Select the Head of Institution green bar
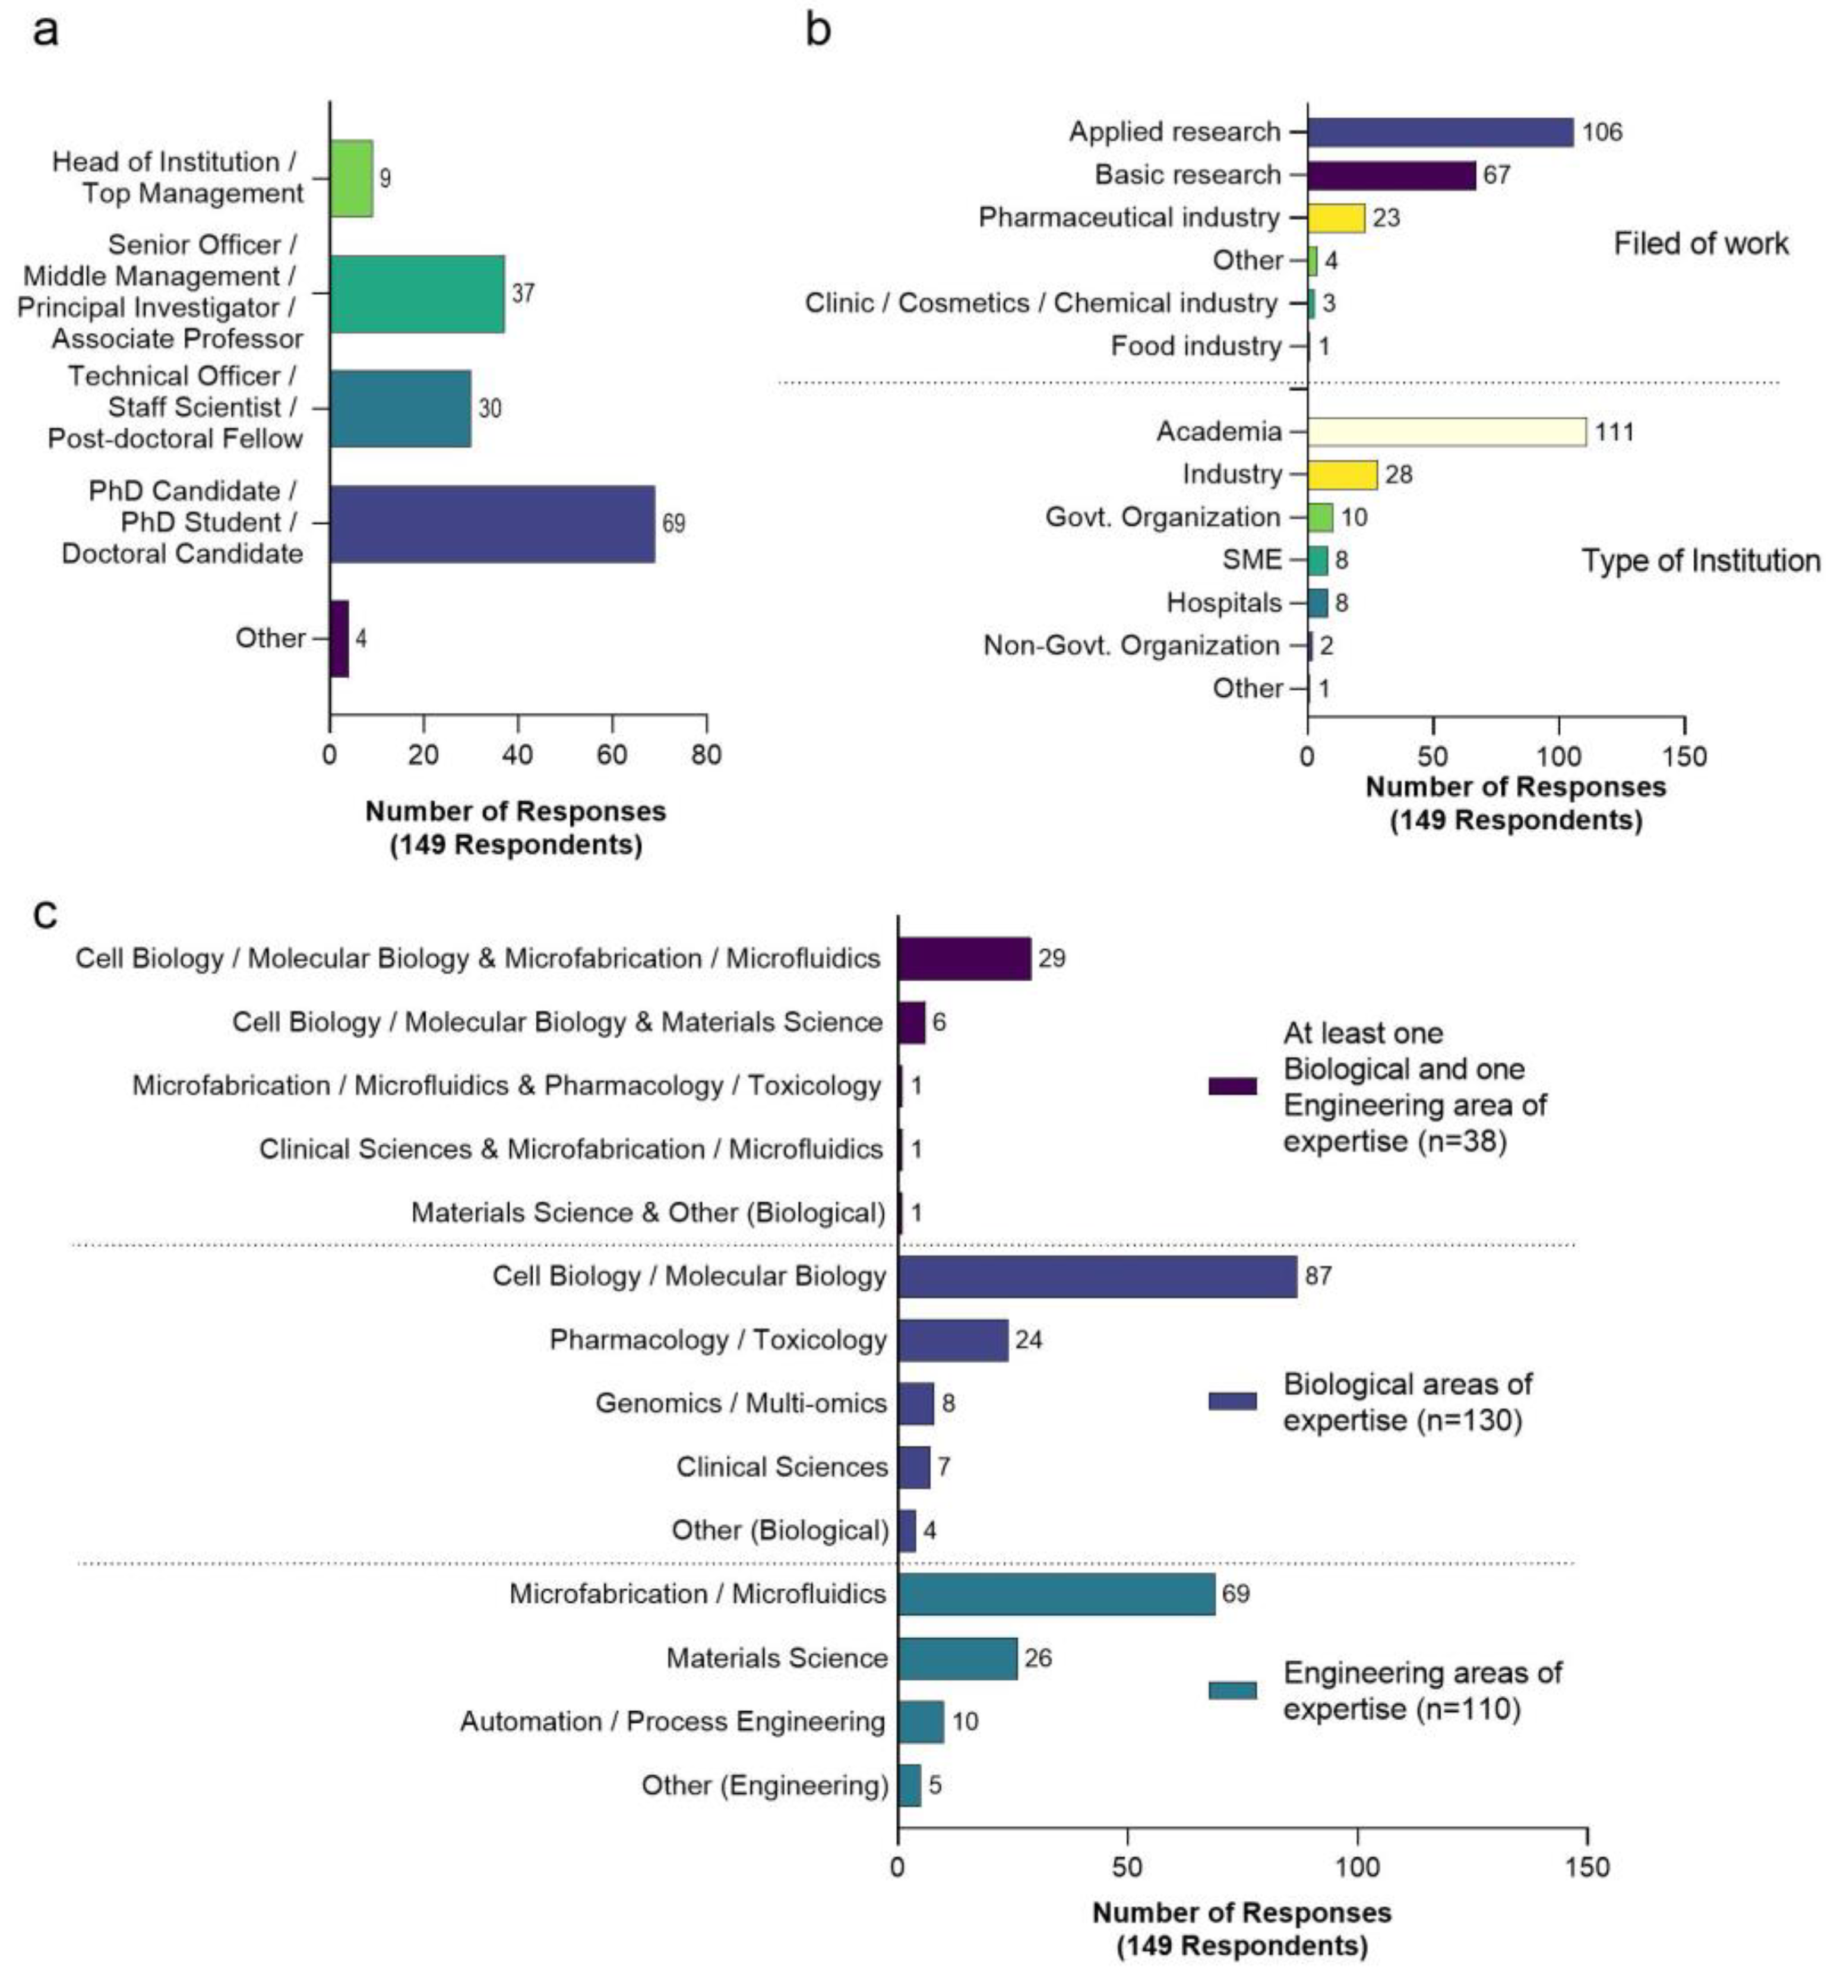[x=352, y=178]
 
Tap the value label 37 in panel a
[x=523, y=293]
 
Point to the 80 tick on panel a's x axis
[x=706, y=755]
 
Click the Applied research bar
[x=1440, y=132]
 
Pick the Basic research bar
[x=1391, y=175]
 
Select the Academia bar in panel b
[x=1447, y=432]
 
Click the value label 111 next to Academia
[x=1614, y=432]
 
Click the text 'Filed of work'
[x=1700, y=244]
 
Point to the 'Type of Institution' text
[x=1700, y=561]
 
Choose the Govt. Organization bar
[x=1320, y=517]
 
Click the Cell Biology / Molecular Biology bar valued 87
[x=1097, y=1276]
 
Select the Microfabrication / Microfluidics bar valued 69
[x=1056, y=1594]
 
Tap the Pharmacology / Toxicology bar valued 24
[x=952, y=1340]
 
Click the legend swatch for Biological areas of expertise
[x=1232, y=1401]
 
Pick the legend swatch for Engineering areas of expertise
[x=1232, y=1690]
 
